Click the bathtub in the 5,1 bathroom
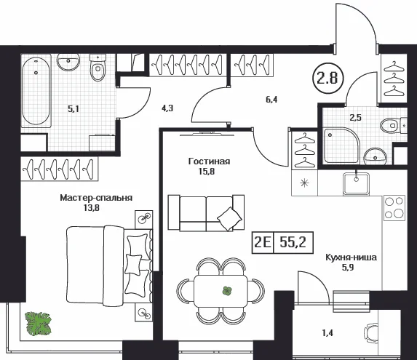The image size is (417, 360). point(36,90)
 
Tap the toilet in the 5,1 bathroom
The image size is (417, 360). point(98,68)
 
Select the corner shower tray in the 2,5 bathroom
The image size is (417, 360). point(342,145)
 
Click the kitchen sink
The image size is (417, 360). point(356,183)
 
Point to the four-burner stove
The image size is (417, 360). point(394,208)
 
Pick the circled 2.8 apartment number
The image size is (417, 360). point(327,78)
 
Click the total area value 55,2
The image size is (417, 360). point(293,242)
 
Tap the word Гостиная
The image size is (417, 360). point(209,161)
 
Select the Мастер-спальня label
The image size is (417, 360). point(96,198)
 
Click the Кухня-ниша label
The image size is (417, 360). point(352,257)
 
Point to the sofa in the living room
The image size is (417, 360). point(206,212)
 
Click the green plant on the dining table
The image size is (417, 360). point(227,291)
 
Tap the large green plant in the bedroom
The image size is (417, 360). point(38,323)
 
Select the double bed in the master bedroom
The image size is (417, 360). point(109,264)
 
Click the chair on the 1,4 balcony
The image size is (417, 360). point(371,333)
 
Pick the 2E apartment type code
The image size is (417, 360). point(263,242)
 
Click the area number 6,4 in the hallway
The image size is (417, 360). point(271,100)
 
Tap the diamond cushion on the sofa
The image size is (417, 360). point(230,219)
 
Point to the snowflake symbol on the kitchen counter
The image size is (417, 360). point(304,183)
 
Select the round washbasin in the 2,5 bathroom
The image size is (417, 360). point(375,156)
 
